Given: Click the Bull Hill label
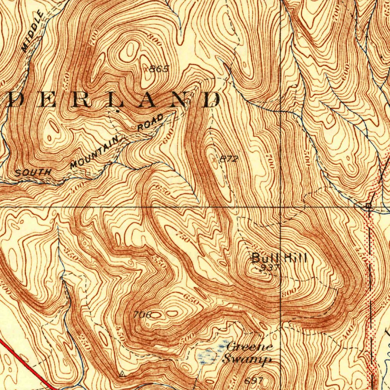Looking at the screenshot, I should pos(279,258).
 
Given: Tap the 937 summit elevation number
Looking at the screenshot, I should pos(271,268).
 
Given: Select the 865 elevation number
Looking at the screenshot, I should pos(158,69).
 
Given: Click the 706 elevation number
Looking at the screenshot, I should pos(143,315).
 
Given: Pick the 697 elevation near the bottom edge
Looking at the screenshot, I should pos(254,380).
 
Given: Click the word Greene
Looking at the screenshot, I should pos(249,347).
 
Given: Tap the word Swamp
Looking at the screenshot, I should pos(247,359).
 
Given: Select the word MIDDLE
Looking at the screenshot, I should pos(33,32).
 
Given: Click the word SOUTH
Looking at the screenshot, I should pos(33,173).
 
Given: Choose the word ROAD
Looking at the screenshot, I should pos(150,123).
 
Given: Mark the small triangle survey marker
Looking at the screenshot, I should pos(122,374).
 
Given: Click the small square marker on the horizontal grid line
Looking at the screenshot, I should pos(368,206).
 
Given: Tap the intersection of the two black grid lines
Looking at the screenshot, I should pos(281,207).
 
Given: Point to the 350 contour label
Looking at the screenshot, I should pos(71,256).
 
